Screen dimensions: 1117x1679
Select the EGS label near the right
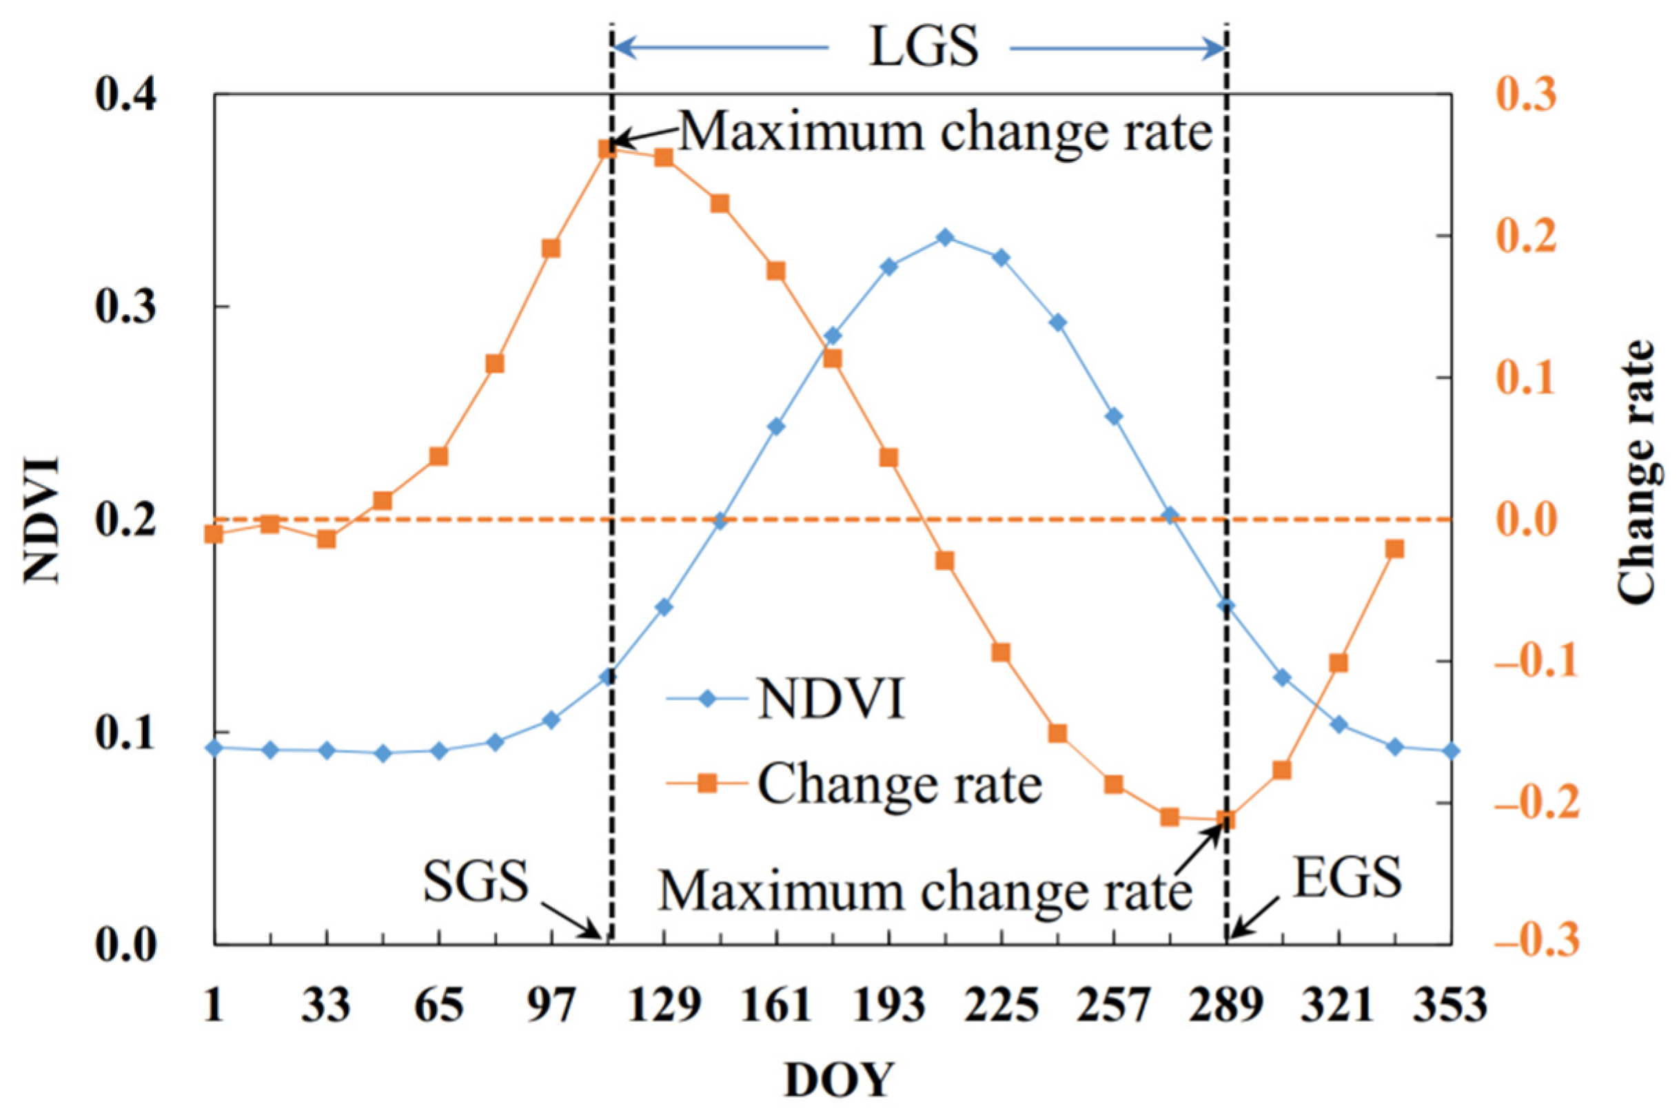pos(1347,878)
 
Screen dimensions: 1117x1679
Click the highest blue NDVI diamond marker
pos(945,237)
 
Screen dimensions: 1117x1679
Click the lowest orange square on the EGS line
pos(1226,820)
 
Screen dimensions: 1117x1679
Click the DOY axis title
pos(838,1080)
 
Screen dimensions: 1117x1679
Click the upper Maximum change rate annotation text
pos(945,132)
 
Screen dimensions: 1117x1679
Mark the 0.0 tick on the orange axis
pos(1525,520)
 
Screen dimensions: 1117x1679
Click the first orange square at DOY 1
pos(214,533)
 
